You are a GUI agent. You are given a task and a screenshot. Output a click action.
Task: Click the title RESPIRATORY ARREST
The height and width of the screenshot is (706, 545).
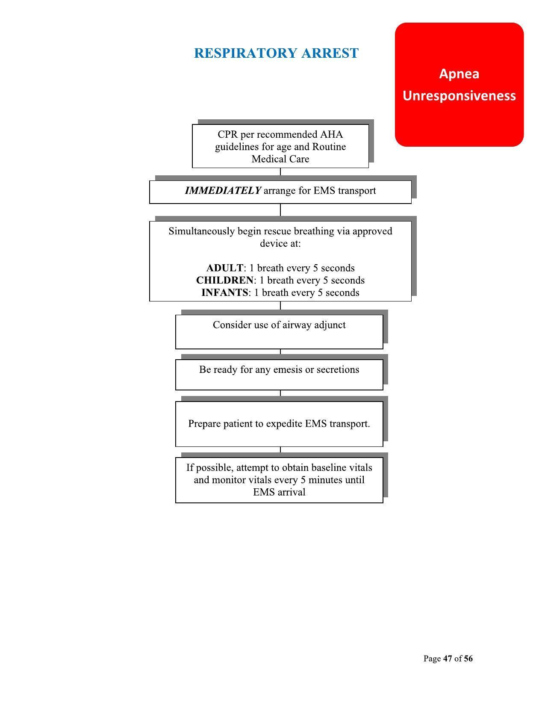pyautogui.click(x=276, y=53)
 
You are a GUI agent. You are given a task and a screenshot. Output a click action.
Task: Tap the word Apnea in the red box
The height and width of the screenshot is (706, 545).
pyautogui.click(x=459, y=74)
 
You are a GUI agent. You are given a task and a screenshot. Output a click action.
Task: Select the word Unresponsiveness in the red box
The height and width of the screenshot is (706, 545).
pyautogui.click(x=459, y=95)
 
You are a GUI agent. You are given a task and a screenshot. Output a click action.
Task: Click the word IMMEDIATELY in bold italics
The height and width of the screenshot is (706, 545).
pyautogui.click(x=223, y=191)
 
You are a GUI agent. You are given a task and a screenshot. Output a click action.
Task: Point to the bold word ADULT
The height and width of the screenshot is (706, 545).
pyautogui.click(x=224, y=268)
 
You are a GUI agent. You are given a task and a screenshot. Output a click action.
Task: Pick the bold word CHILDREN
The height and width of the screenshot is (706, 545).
pyautogui.click(x=224, y=281)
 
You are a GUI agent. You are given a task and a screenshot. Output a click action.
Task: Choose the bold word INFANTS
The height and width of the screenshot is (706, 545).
pyautogui.click(x=224, y=293)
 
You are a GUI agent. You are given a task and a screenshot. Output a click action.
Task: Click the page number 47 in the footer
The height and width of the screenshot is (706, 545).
pyautogui.click(x=448, y=659)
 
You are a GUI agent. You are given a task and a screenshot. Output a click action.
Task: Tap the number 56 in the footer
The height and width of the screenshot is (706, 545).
pyautogui.click(x=468, y=659)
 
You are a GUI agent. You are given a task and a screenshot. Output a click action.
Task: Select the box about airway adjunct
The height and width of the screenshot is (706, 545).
pyautogui.click(x=279, y=331)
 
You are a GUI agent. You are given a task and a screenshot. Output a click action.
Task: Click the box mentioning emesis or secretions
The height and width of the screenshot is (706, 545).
pyautogui.click(x=279, y=374)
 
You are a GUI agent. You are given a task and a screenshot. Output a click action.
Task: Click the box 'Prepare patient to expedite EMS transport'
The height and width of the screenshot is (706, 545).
pyautogui.click(x=279, y=424)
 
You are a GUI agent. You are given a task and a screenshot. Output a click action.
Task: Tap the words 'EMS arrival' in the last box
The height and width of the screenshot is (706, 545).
pyautogui.click(x=279, y=492)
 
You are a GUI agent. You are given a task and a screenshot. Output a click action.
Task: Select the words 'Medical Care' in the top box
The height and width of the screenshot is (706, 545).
pyautogui.click(x=280, y=159)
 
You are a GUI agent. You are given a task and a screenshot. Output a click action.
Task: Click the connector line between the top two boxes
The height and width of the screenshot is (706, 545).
pyautogui.click(x=280, y=172)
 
